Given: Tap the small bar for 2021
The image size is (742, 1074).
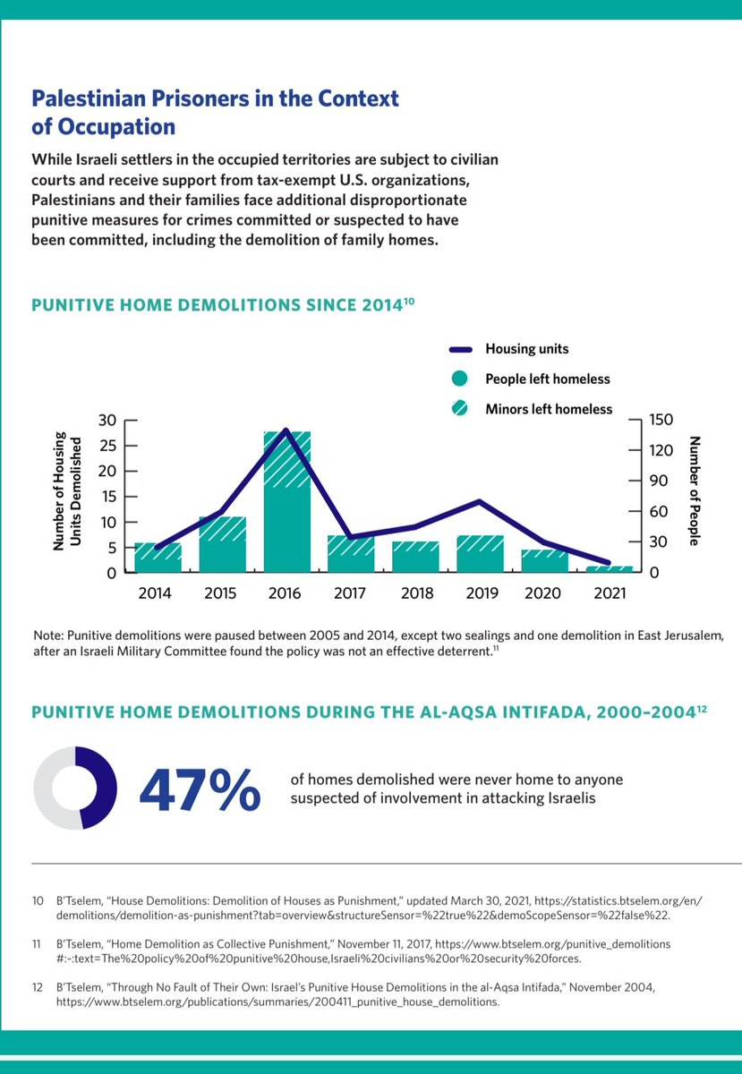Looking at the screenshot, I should [610, 568].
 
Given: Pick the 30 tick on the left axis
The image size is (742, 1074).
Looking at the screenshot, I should [107, 421].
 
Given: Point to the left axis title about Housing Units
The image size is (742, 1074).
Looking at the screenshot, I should [66, 492].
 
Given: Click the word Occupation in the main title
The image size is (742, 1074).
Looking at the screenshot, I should [115, 126].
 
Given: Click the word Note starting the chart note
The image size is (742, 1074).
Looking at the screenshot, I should [48, 635].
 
